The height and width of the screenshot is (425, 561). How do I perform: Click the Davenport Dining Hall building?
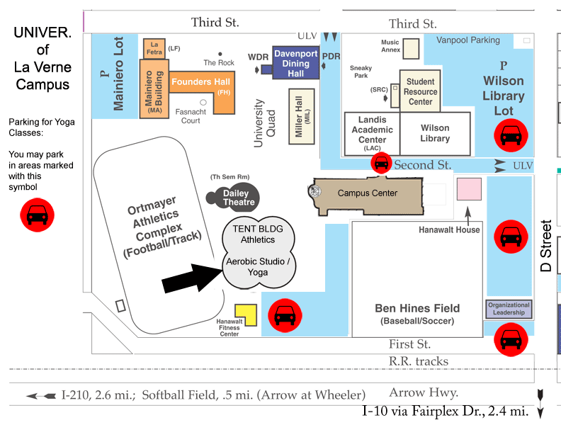pyautogui.click(x=295, y=62)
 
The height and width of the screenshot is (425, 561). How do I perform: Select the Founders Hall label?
pyautogui.click(x=200, y=82)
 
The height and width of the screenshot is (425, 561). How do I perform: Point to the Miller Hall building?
pyautogui.click(x=302, y=116)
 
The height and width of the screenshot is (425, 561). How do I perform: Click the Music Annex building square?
pyautogui.click(x=411, y=49)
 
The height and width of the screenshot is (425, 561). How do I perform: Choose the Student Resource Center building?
pyautogui.click(x=420, y=91)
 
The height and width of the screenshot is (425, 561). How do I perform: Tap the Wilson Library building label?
pyautogui.click(x=435, y=133)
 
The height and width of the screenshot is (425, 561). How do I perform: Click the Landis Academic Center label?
pyautogui.click(x=372, y=133)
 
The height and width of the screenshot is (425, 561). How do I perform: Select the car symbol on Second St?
pyautogui.click(x=381, y=163)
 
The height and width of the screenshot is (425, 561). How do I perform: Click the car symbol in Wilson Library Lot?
pyautogui.click(x=511, y=135)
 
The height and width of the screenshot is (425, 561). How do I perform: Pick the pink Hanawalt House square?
pyautogui.click(x=469, y=189)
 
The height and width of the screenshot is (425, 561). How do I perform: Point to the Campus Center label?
pyautogui.click(x=368, y=193)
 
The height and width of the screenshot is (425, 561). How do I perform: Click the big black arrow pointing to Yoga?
pyautogui.click(x=192, y=278)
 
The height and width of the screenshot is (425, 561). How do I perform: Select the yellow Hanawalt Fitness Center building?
pyautogui.click(x=246, y=314)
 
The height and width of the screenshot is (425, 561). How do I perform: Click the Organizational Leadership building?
pyautogui.click(x=509, y=309)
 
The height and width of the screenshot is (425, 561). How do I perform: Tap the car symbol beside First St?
pyautogui.click(x=511, y=339)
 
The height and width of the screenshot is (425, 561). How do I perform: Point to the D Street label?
pyautogui.click(x=546, y=246)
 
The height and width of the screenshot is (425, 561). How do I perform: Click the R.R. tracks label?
pyautogui.click(x=418, y=361)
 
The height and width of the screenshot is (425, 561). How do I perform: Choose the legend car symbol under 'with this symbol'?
pyautogui.click(x=38, y=215)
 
